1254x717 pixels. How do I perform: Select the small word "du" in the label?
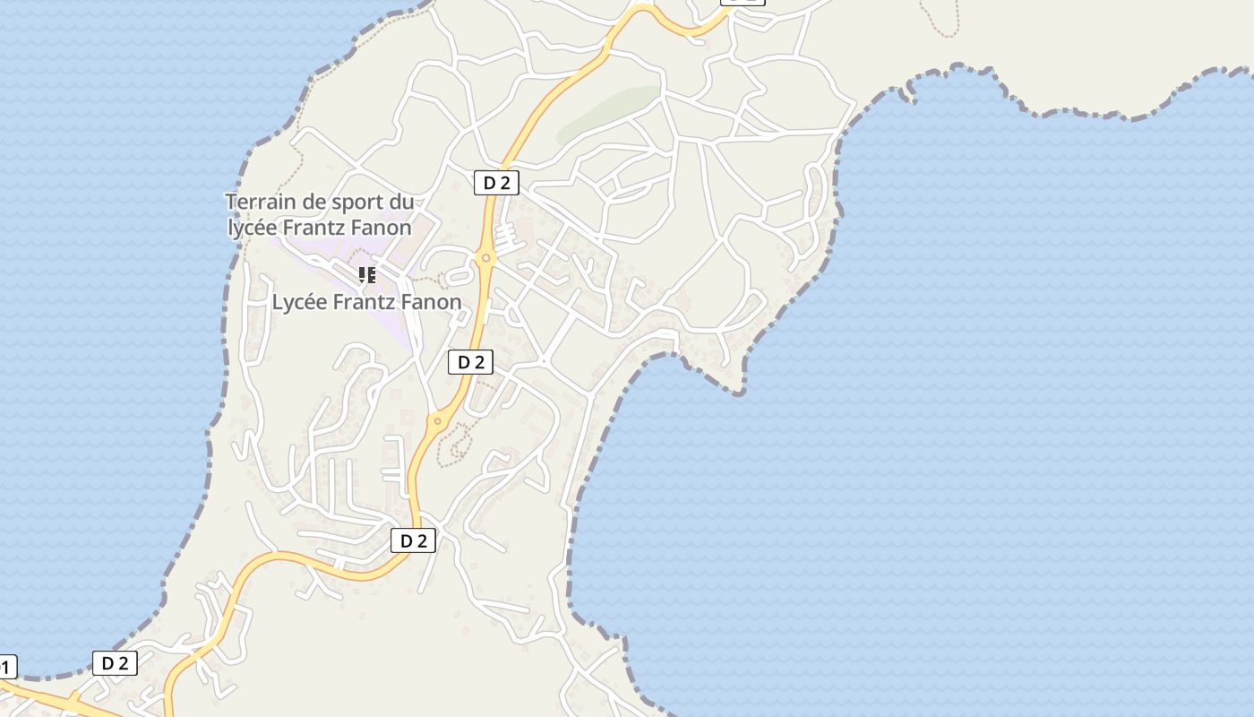coord(402,202)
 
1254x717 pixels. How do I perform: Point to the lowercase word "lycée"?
coord(253,228)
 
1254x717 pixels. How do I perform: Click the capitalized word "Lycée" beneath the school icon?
coord(300,302)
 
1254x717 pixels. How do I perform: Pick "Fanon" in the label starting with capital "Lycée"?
coord(432,302)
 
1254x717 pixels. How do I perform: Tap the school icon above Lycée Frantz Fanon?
coord(366,274)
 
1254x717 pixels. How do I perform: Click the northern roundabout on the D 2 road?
coord(485,258)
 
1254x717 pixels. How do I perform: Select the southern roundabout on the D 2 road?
coord(438,420)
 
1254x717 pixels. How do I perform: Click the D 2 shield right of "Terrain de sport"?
coord(496,183)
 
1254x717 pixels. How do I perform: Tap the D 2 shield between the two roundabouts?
coord(470,362)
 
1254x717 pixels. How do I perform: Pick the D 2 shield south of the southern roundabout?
coord(413,540)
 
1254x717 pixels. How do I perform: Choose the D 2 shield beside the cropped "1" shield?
coord(115,663)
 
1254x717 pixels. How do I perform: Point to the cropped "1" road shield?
coord(7,667)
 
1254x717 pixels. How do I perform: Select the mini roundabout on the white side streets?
coord(544,361)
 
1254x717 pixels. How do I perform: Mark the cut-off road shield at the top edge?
coord(743,2)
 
